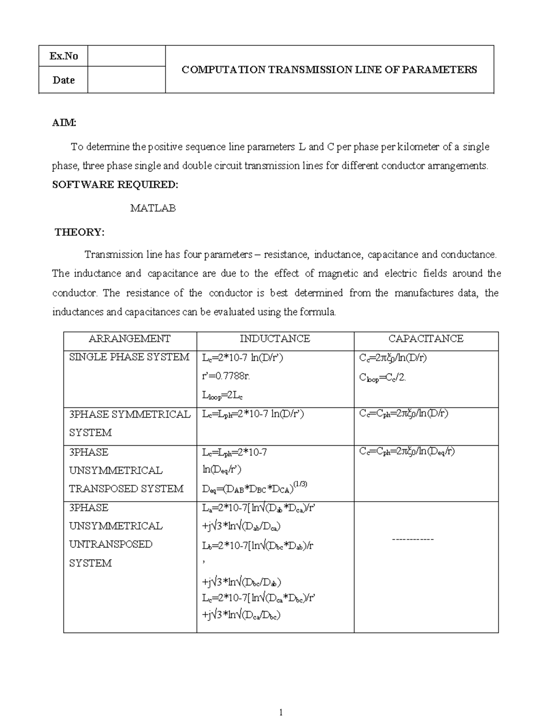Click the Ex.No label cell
pyautogui.click(x=64, y=56)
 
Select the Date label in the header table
pyautogui.click(x=64, y=80)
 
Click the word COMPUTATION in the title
pyautogui.click(x=223, y=70)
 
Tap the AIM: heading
pyautogui.click(x=64, y=123)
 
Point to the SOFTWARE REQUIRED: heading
pyautogui.click(x=115, y=184)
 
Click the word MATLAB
pyautogui.click(x=153, y=209)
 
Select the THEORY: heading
pyautogui.click(x=80, y=232)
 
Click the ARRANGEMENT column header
pyautogui.click(x=129, y=339)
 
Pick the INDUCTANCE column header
pyautogui.click(x=275, y=339)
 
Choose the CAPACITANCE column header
pyautogui.click(x=425, y=339)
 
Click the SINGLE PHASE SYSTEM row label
pyautogui.click(x=129, y=357)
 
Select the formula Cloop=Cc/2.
pyautogui.click(x=382, y=378)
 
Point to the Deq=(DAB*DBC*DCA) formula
pyautogui.click(x=254, y=488)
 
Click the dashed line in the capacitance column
pyautogui.click(x=413, y=540)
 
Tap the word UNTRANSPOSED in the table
pyautogui.click(x=111, y=544)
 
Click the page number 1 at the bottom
pyautogui.click(x=280, y=712)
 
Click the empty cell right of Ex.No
pyautogui.click(x=126, y=56)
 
